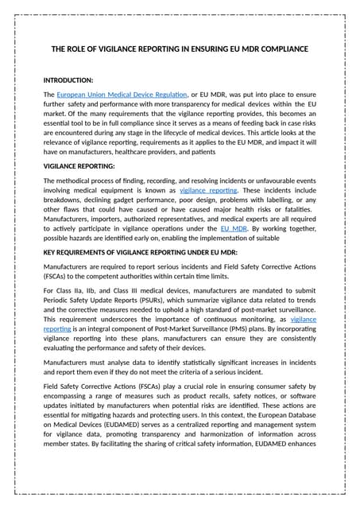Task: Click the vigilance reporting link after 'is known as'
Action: (x=209, y=191)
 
